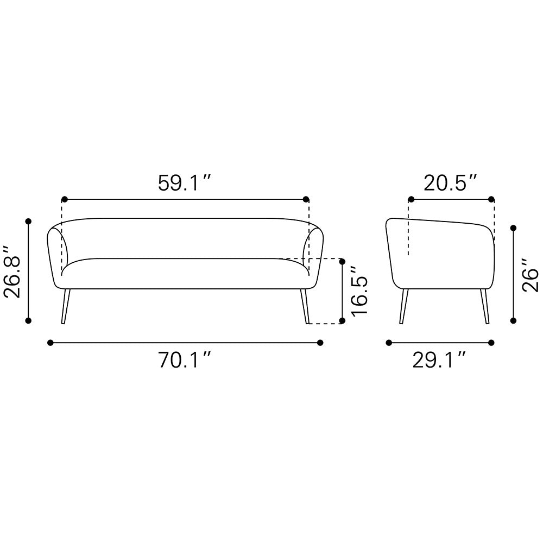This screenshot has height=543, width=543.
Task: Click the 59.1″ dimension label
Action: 184,183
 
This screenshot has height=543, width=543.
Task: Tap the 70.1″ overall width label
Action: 185,360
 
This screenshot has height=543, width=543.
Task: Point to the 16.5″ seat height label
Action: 359,291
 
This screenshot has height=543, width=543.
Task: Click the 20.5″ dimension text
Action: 451,183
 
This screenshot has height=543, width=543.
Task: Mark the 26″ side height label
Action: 530,275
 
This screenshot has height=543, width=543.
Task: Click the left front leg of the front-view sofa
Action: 66,306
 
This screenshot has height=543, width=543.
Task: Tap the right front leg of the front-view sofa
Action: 305,306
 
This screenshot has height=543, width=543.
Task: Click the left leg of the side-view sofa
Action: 404,306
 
